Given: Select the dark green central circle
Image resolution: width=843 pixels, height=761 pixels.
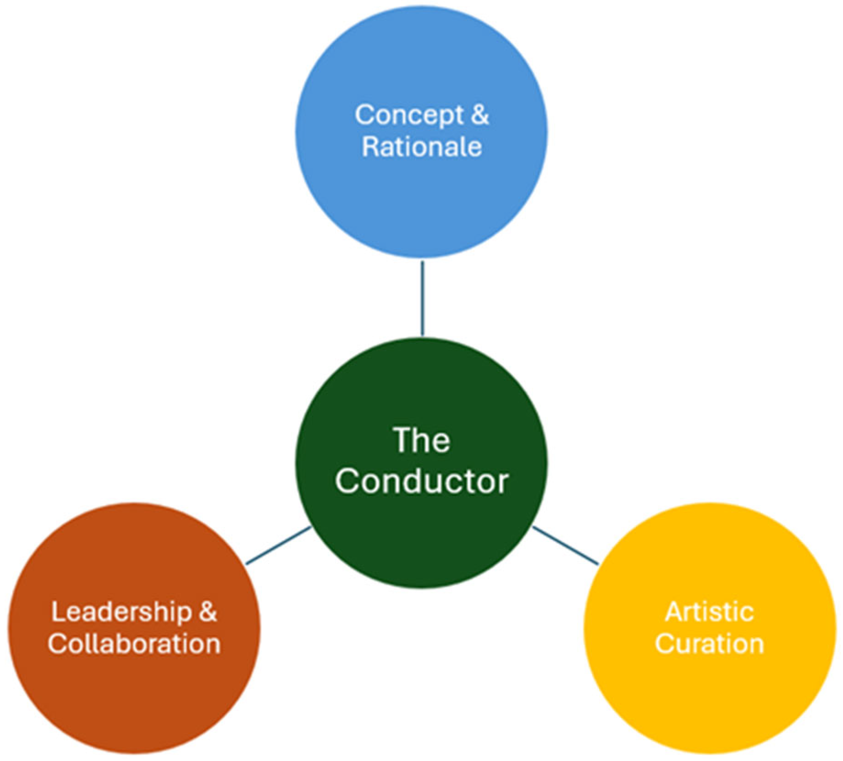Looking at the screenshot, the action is point(421,541).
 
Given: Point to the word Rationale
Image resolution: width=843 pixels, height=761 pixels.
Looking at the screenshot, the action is point(422,147).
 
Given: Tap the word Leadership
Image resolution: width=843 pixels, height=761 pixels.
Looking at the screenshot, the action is point(121,612).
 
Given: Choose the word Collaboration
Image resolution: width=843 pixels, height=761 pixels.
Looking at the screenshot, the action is point(134,644).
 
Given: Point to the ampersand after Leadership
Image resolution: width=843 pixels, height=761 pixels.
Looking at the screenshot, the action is point(208,612).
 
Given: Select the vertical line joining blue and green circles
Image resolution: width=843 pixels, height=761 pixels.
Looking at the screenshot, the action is point(422,298).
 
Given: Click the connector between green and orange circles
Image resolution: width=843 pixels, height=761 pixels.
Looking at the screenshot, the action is point(279,545).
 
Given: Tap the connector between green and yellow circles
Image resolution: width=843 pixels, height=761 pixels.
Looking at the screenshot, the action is point(565,545).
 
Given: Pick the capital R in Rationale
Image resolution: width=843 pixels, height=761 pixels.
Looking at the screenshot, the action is point(370,147).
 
